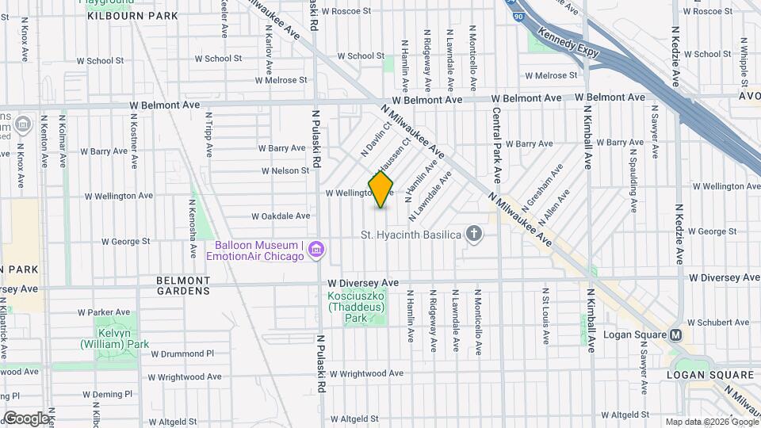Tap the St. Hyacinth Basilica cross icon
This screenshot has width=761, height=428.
(x=474, y=234)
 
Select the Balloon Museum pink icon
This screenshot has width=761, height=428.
(x=316, y=250)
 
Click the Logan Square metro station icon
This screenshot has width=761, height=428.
(x=676, y=334)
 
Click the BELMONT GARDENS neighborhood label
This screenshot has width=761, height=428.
(x=183, y=285)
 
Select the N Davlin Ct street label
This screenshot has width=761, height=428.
(x=377, y=138)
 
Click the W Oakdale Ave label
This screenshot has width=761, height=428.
(x=281, y=216)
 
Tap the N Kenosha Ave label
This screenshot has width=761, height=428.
(x=192, y=228)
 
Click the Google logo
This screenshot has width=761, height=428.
(x=26, y=418)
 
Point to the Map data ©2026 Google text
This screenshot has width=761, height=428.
(x=711, y=422)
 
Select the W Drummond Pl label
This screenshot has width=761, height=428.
(x=182, y=353)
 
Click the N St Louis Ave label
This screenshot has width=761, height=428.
(x=545, y=315)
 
